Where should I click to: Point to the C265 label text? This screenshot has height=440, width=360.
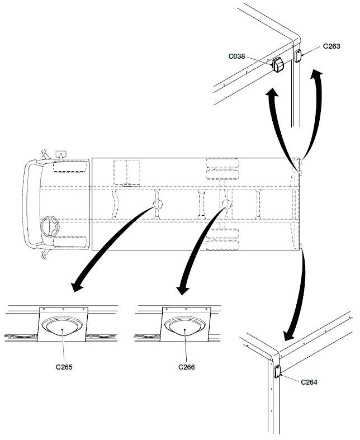pos(64,367)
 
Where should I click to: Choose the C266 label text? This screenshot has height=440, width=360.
pos(187,367)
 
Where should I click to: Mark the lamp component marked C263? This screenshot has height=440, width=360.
pos(298,56)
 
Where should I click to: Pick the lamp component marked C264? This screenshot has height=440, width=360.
pos(277,371)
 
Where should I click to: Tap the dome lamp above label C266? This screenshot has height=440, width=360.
pos(185,327)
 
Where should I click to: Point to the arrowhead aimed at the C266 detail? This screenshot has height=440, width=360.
pos(182,290)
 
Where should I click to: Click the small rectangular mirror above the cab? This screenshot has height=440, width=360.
pos(61,152)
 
